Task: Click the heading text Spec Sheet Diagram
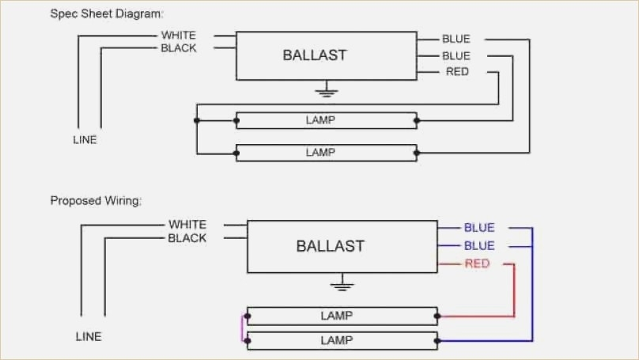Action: click(106, 14)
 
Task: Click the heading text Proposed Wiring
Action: click(96, 201)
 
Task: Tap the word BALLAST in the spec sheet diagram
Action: click(315, 55)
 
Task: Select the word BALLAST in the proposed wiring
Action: click(330, 246)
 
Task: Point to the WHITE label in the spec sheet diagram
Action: click(179, 35)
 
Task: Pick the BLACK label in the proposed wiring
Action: click(187, 238)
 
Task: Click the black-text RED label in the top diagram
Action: click(457, 72)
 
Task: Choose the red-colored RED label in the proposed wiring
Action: click(477, 263)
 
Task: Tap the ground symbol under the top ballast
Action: click(327, 89)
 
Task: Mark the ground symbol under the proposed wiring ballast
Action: click(342, 282)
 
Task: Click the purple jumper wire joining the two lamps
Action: click(242, 328)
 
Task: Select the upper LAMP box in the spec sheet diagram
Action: click(327, 120)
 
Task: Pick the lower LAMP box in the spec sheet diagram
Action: click(327, 153)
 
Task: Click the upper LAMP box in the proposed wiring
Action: click(342, 316)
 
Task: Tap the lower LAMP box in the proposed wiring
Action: click(342, 340)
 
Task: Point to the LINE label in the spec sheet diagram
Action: click(85, 140)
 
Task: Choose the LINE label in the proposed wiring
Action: click(89, 337)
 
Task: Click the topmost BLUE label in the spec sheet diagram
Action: click(456, 39)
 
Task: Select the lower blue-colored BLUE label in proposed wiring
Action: click(479, 245)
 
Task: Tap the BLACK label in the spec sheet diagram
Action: click(179, 48)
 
